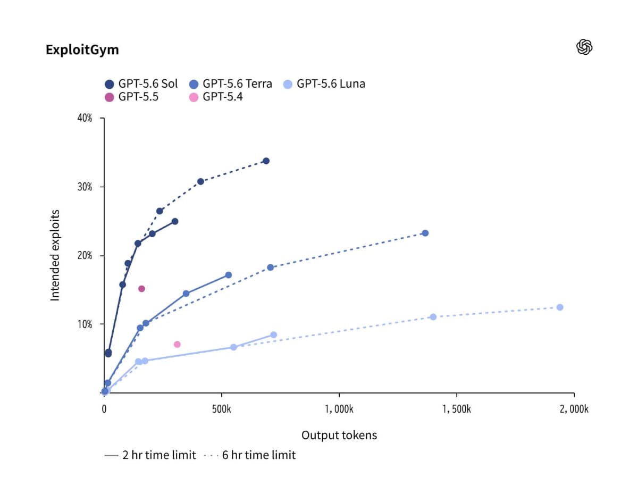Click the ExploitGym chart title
pyautogui.click(x=82, y=49)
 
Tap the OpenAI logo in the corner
pyautogui.click(x=584, y=47)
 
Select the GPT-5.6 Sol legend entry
pyautogui.click(x=141, y=83)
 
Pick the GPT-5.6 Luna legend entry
pyautogui.click(x=324, y=83)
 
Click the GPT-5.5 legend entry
pyautogui.click(x=131, y=97)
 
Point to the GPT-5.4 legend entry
pyautogui.click(x=216, y=97)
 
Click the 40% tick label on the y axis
pyautogui.click(x=85, y=118)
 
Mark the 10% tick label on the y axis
pyautogui.click(x=85, y=324)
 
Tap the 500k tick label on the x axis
pyautogui.click(x=222, y=409)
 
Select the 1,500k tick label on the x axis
pyautogui.click(x=456, y=409)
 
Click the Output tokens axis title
pyautogui.click(x=339, y=436)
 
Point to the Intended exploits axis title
pyautogui.click(x=55, y=255)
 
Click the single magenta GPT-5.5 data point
pyautogui.click(x=141, y=289)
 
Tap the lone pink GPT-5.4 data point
pyautogui.click(x=177, y=345)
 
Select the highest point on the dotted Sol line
pyautogui.click(x=266, y=161)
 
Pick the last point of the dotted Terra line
pyautogui.click(x=425, y=233)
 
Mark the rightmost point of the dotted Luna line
pyautogui.click(x=560, y=307)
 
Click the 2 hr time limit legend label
pyautogui.click(x=159, y=455)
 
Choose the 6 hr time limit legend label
pyautogui.click(x=259, y=455)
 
